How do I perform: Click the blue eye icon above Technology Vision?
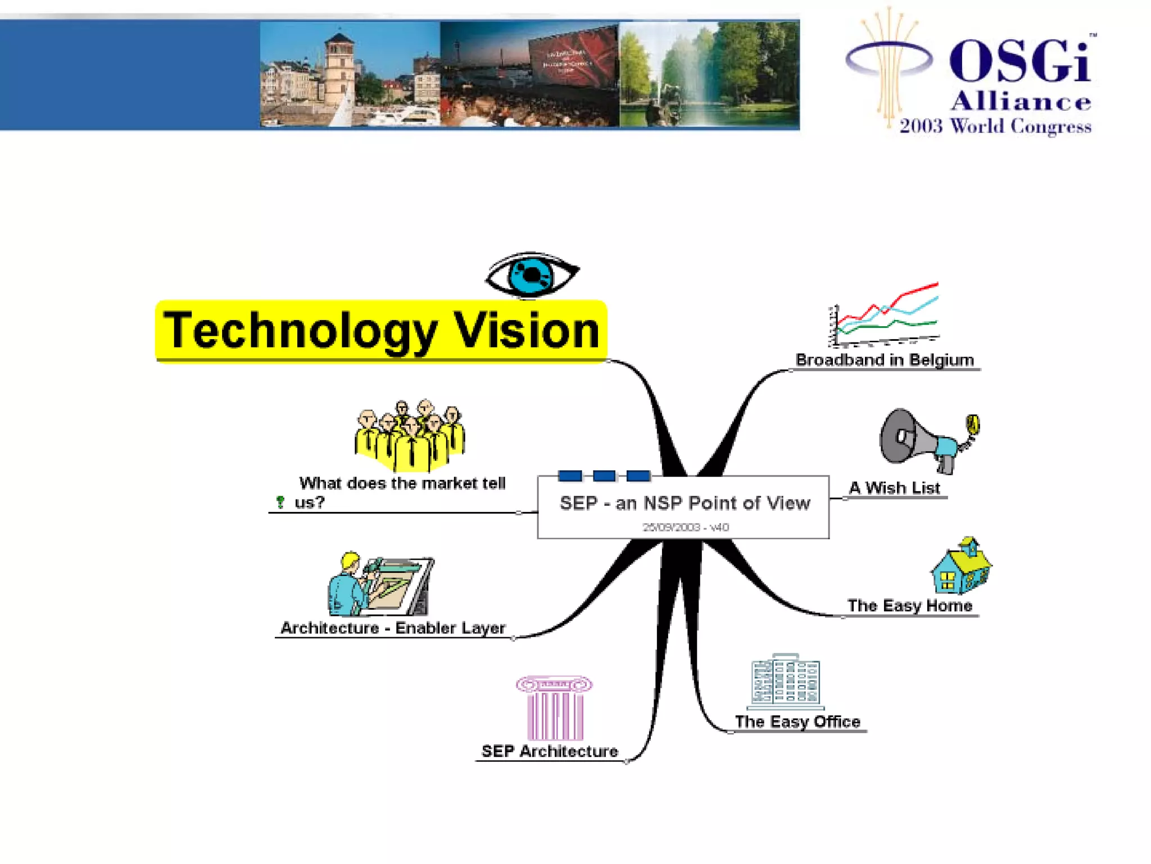click(x=532, y=274)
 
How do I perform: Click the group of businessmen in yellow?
click(x=410, y=435)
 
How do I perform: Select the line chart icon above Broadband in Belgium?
click(x=885, y=315)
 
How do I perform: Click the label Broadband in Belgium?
click(x=885, y=360)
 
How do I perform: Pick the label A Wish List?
click(x=894, y=488)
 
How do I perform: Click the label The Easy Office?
click(x=797, y=722)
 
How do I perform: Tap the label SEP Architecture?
click(x=550, y=751)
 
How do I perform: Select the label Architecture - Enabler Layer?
click(x=393, y=628)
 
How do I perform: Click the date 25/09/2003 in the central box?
click(x=671, y=528)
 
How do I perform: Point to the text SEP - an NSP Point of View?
click(x=685, y=503)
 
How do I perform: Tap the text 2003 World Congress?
click(x=995, y=126)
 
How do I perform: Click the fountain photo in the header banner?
click(x=709, y=74)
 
